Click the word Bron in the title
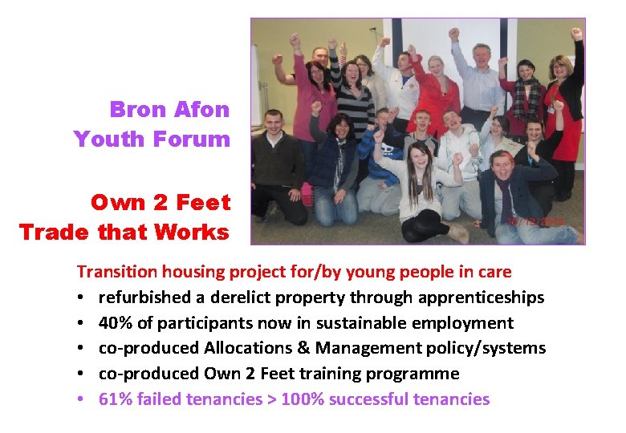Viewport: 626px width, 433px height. [139, 109]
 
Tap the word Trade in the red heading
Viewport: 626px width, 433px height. [55, 233]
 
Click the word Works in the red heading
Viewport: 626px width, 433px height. [193, 233]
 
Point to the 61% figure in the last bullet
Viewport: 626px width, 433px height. [116, 399]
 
